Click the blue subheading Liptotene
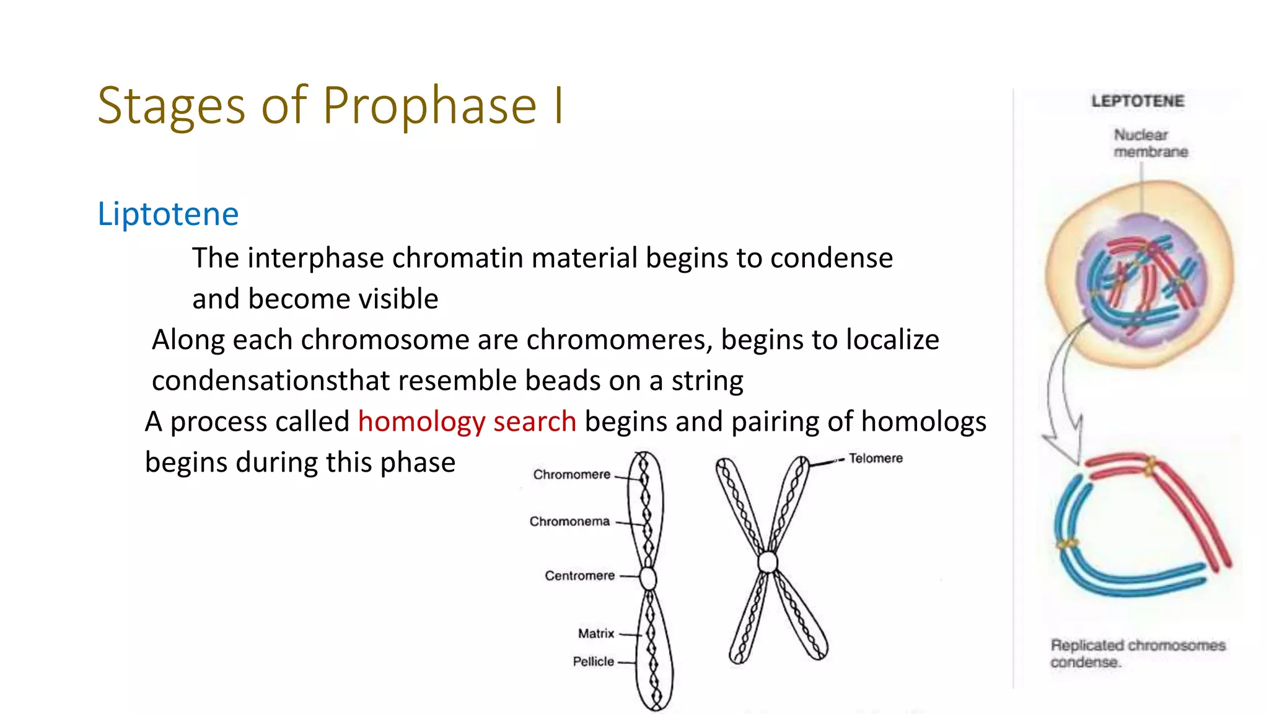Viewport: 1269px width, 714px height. pos(168,214)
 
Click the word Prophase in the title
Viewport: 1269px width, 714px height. pos(429,105)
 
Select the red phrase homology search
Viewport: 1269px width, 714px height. pos(467,422)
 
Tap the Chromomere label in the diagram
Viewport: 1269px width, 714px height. pos(571,475)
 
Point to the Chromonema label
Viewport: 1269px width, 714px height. pos(569,522)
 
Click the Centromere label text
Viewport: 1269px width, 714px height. pos(579,576)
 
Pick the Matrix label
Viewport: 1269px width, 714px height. pos(595,633)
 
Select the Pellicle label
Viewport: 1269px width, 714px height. pos(593,661)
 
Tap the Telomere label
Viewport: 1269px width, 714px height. pos(876,459)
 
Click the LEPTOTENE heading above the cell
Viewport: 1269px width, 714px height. pos(1138,101)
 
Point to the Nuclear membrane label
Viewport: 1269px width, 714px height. pos(1150,143)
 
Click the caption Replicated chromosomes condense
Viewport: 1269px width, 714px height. pos(1137,653)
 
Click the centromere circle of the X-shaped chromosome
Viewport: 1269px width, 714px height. pos(768,562)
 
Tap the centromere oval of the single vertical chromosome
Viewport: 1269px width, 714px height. pos(648,578)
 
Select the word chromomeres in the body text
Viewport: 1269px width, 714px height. pos(619,340)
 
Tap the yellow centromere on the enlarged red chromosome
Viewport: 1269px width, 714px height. pos(1150,465)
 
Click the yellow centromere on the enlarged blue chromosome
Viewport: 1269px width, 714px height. pos(1067,545)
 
